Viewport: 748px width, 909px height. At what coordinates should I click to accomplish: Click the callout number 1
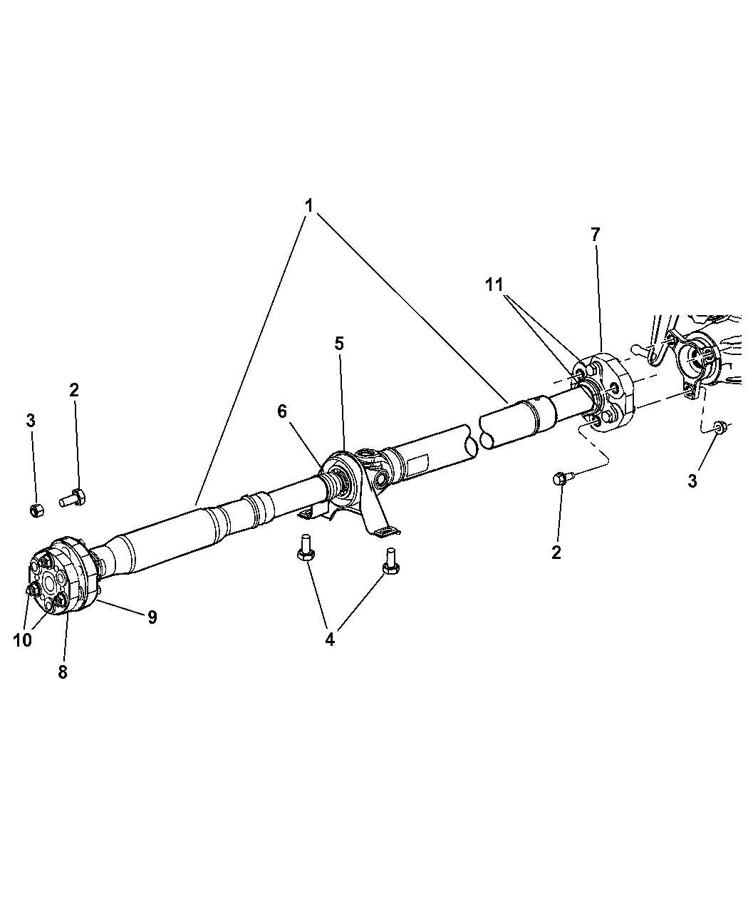click(x=309, y=205)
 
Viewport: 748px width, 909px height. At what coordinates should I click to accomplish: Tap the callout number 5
click(x=339, y=344)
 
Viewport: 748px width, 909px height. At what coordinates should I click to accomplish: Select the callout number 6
click(x=283, y=411)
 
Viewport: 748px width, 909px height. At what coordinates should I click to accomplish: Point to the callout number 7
click(x=595, y=235)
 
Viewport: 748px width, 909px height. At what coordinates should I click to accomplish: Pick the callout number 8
click(x=63, y=671)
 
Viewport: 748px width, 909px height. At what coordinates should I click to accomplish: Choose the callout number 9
click(x=152, y=617)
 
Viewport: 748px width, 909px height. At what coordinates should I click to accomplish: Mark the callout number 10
click(x=23, y=640)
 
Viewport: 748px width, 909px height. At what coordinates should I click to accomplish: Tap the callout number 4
click(x=329, y=640)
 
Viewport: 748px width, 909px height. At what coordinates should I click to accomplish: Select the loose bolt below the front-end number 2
click(x=71, y=497)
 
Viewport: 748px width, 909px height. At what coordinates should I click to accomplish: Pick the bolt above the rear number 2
click(x=560, y=480)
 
